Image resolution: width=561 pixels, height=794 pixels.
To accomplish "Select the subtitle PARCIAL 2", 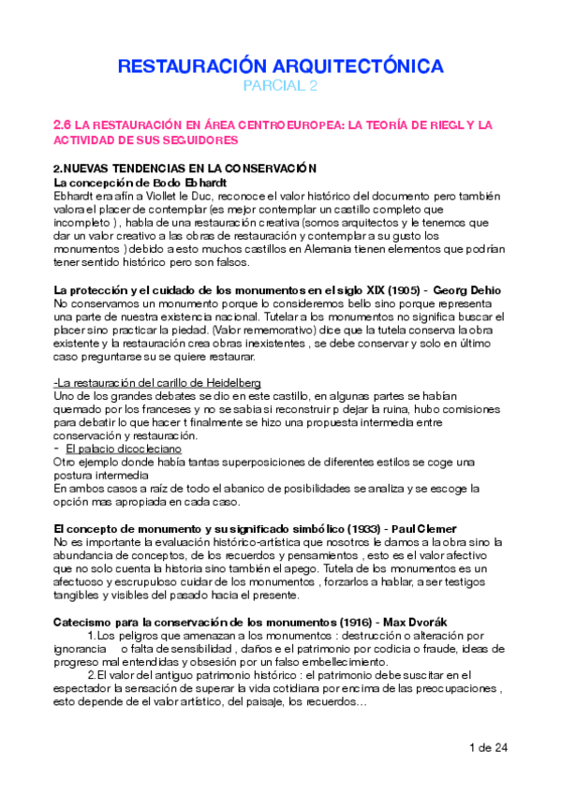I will point(280,87).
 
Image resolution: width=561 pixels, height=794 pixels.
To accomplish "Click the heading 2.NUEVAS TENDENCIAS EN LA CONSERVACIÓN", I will point(185,168).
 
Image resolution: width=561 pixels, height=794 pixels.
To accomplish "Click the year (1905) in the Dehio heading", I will point(390,290).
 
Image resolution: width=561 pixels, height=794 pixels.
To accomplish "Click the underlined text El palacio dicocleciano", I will point(117,448).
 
